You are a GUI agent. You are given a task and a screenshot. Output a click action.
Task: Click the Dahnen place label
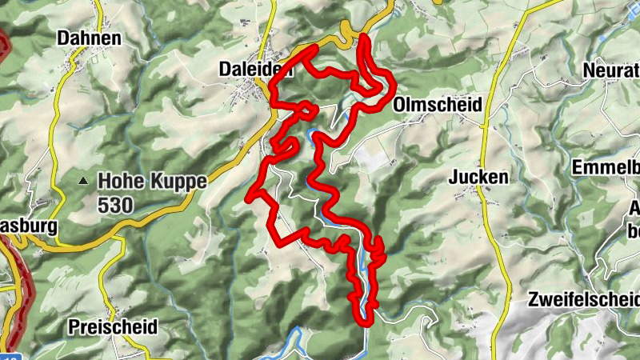(89, 38)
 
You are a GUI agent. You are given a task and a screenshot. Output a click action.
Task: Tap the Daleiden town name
(256, 70)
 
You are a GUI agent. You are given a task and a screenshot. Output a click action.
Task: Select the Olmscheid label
(438, 105)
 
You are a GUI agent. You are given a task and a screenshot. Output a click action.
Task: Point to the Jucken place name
(478, 177)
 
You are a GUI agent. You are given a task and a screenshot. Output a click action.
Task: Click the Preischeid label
(113, 327)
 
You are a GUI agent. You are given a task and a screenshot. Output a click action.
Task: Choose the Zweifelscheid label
(584, 300)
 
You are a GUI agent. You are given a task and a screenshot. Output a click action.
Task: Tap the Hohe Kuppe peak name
(152, 181)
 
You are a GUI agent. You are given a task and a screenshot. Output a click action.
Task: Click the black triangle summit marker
(83, 181)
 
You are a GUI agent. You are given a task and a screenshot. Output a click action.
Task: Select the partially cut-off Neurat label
(612, 70)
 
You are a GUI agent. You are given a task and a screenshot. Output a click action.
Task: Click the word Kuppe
(179, 182)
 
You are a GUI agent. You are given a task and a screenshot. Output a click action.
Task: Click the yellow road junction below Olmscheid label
(484, 125)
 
